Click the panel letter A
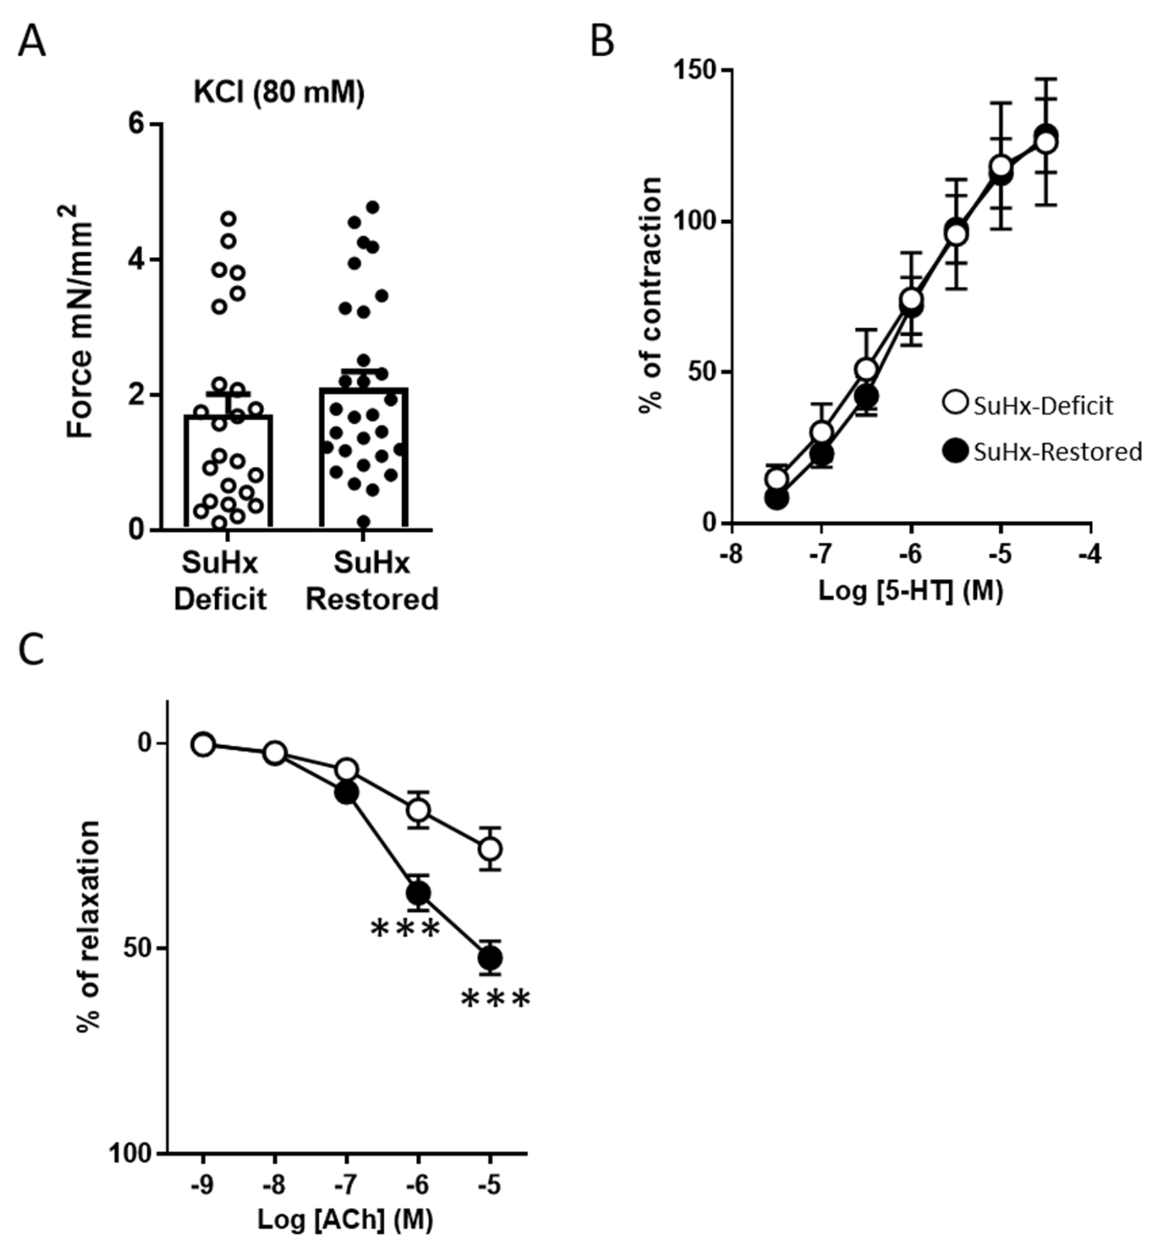click(x=31, y=43)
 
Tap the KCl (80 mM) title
click(x=279, y=93)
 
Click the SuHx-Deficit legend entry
click(x=1027, y=405)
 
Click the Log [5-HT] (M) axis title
click(x=910, y=591)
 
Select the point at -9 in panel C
click(x=203, y=744)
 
